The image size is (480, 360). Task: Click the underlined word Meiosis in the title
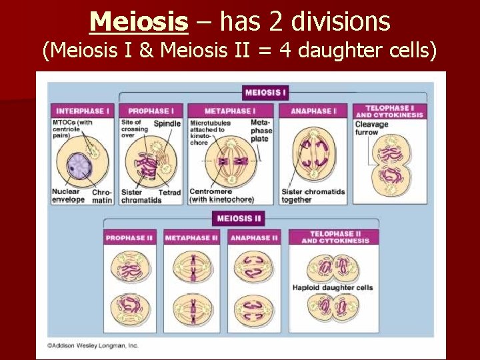click(139, 21)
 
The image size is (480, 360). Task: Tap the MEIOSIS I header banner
click(266, 93)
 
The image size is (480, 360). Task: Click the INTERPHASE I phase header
click(82, 111)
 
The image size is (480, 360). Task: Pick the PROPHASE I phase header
click(151, 111)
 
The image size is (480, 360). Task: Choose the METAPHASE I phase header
click(229, 111)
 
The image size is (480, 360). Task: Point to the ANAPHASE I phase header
click(313, 111)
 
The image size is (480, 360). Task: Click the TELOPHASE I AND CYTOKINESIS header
click(389, 111)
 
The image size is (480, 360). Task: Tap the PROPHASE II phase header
click(129, 237)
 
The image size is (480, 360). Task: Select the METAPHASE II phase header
click(191, 237)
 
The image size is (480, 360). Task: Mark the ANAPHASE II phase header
click(254, 237)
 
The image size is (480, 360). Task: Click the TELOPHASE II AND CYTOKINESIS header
click(335, 237)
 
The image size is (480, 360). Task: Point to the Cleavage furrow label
click(371, 128)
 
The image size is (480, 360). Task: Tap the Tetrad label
click(169, 193)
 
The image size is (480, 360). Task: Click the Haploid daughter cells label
click(333, 288)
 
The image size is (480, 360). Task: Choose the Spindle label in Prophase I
click(167, 123)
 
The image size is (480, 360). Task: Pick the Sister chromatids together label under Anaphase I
click(313, 196)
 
